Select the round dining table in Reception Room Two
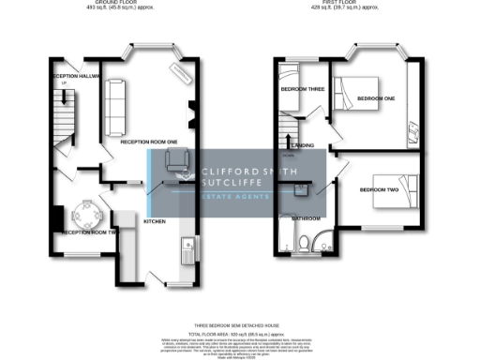tap(88, 218)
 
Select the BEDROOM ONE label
tap(375, 97)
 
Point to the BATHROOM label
tap(306, 217)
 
